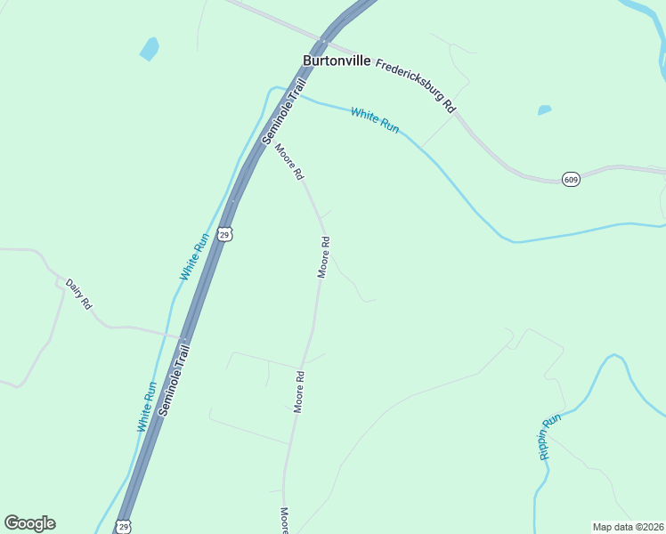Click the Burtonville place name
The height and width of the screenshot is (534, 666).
[337, 61]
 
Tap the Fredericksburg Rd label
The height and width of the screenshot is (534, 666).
[416, 85]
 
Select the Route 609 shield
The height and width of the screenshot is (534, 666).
[572, 180]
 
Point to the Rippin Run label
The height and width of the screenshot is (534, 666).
[549, 436]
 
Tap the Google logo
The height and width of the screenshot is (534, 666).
[29, 523]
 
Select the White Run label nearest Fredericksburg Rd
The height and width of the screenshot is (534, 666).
[375, 120]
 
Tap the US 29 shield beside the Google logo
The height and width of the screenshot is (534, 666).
[124, 527]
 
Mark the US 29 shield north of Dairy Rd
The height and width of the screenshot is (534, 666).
[226, 235]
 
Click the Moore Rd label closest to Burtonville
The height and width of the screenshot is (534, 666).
[288, 162]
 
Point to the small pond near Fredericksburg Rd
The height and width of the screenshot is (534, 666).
[544, 110]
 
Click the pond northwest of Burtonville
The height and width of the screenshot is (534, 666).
[150, 49]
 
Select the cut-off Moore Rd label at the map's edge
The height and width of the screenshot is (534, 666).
[285, 521]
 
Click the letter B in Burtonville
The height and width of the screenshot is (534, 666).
[308, 61]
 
